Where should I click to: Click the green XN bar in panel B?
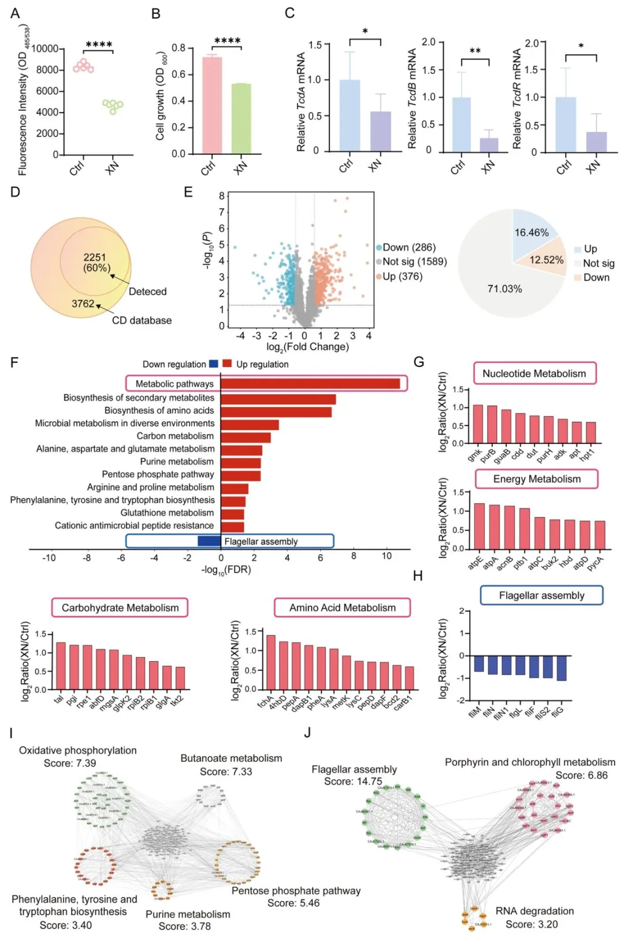tap(242, 118)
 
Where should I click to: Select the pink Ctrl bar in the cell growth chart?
tap(212, 105)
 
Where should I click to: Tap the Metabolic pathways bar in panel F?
tap(310, 384)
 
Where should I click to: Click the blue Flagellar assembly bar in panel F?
tap(209, 541)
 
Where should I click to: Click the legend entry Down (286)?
tap(406, 247)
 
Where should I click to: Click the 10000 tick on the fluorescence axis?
tap(44, 49)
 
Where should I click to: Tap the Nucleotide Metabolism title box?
tap(534, 373)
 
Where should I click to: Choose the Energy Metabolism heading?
tap(537, 479)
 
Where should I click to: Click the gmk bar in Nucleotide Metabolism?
tap(478, 424)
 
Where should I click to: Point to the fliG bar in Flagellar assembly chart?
tap(561, 668)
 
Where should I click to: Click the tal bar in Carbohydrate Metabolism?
tap(61, 666)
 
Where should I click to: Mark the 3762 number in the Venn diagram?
tap(83, 304)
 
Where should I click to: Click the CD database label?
tap(142, 320)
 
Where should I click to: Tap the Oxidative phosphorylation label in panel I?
tap(78, 750)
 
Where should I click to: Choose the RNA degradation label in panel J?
tap(534, 911)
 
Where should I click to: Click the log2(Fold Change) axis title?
tap(307, 347)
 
